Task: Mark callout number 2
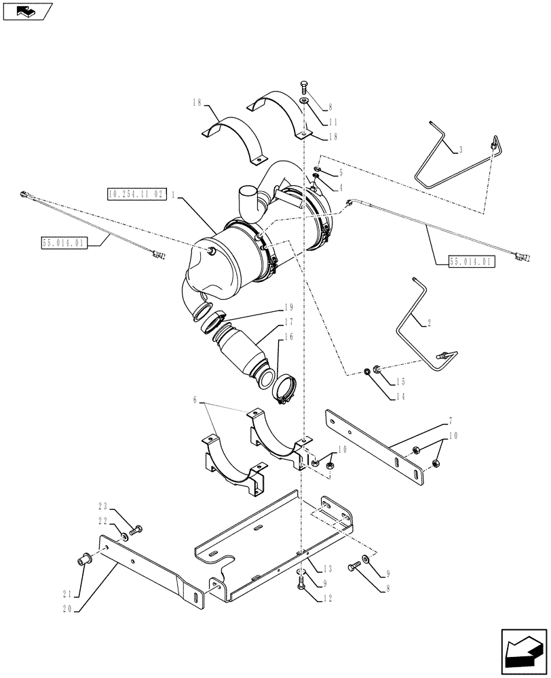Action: (x=428, y=323)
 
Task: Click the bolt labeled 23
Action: (x=138, y=527)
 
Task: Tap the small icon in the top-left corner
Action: (x=26, y=12)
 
